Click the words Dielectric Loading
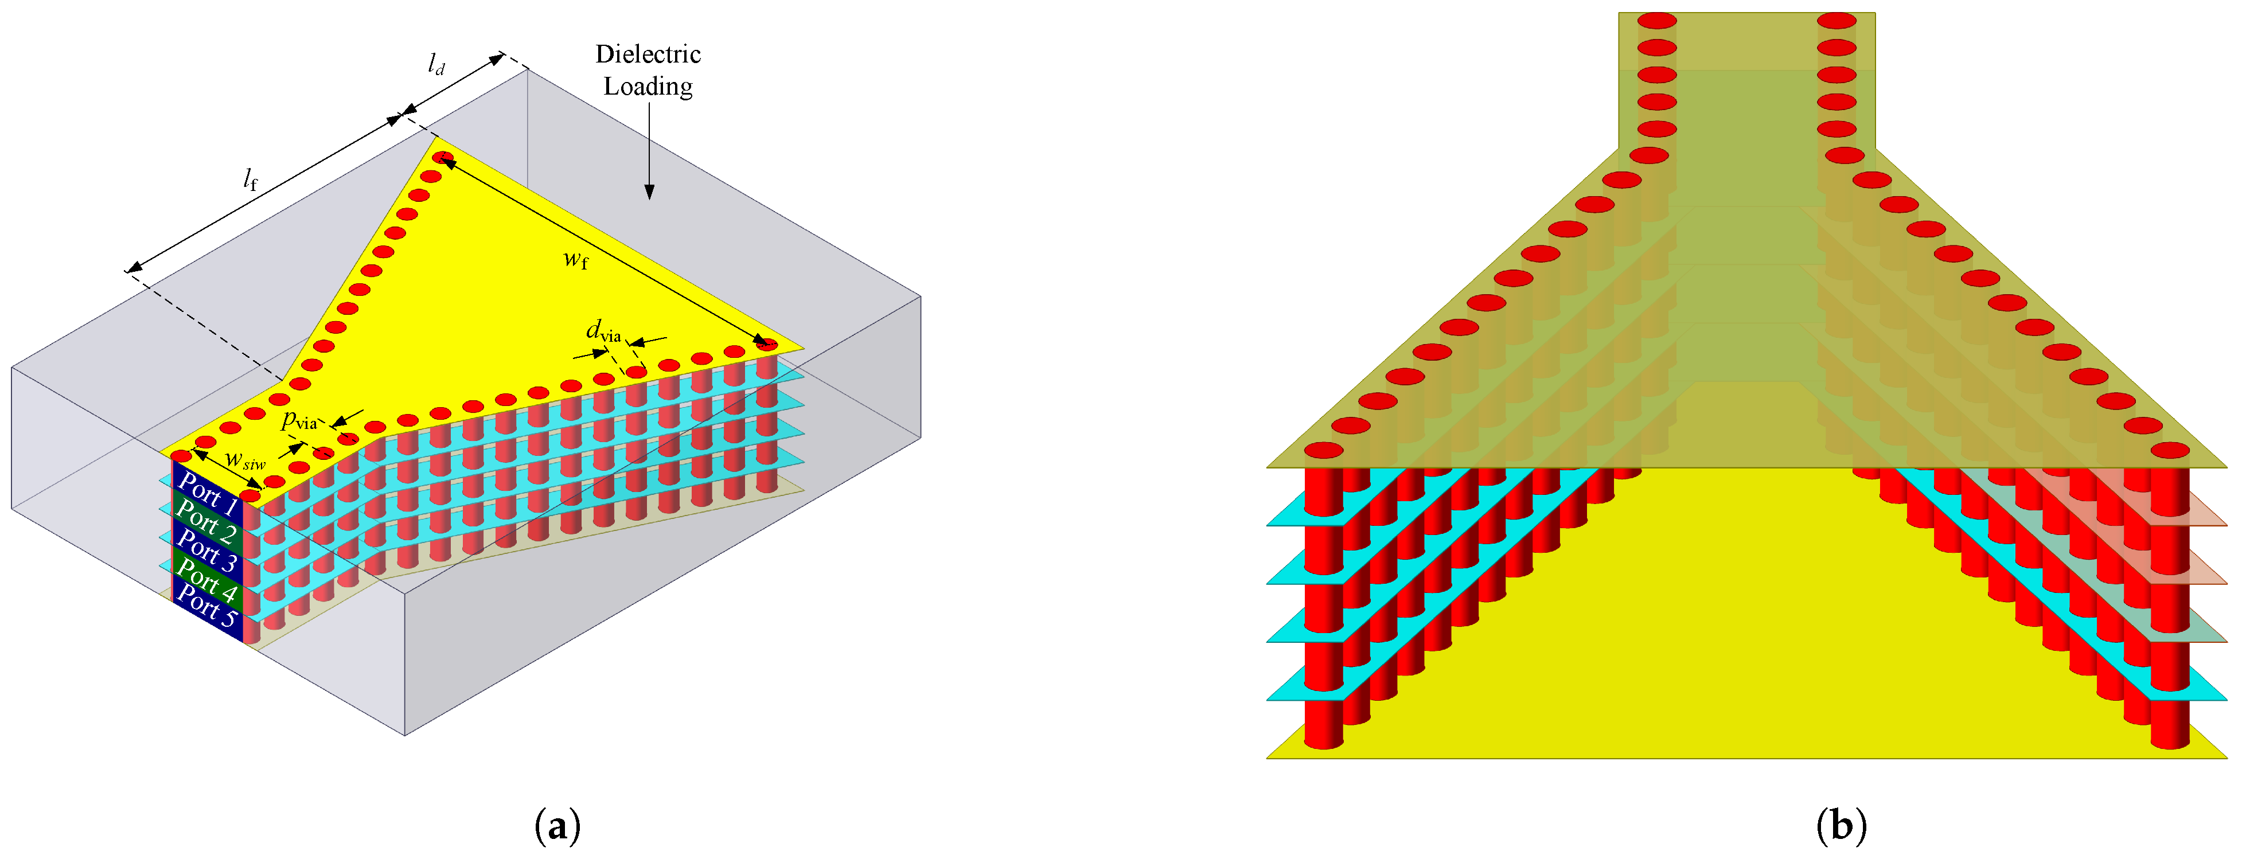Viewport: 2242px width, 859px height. pos(649,69)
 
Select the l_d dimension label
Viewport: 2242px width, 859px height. pos(436,64)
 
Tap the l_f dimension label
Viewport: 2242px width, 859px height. pos(251,179)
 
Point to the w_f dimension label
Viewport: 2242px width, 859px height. pos(575,259)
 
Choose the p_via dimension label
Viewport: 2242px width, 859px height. pos(298,421)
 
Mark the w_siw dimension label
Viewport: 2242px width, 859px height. pos(244,460)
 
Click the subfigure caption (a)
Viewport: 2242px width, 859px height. pos(557,825)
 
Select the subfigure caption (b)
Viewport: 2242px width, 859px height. pos(1841,825)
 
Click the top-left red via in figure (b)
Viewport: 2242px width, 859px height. pos(1657,21)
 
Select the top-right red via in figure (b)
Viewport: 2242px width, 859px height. pos(1837,21)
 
